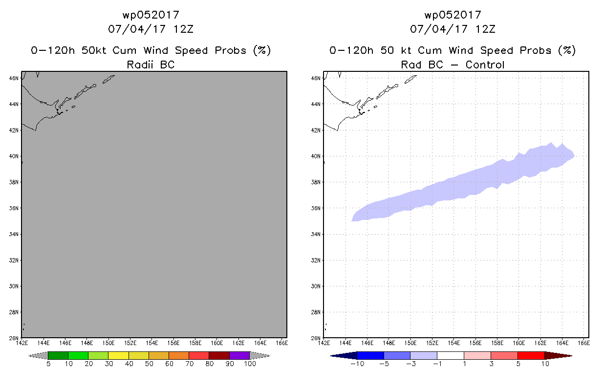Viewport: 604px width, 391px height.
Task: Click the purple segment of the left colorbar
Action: (239, 355)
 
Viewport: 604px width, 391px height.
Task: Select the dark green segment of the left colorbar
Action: (58, 355)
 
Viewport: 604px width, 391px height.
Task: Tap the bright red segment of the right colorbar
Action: (531, 355)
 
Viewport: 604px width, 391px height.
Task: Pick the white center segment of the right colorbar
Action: (451, 355)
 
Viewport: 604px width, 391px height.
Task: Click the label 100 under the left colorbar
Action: (250, 364)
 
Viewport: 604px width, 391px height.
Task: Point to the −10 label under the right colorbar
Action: (357, 364)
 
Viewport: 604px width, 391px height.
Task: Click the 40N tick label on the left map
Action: (14, 156)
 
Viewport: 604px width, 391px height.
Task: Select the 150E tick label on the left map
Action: (108, 343)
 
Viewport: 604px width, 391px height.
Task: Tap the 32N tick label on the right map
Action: (316, 260)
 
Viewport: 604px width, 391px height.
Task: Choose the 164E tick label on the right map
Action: (562, 343)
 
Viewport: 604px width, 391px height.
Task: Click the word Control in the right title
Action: (485, 65)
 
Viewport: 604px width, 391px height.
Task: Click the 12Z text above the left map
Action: (183, 29)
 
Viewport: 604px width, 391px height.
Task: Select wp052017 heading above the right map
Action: (453, 15)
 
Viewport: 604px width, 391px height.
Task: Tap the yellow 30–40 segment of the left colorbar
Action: (118, 355)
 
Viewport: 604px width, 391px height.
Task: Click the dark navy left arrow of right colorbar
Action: (344, 355)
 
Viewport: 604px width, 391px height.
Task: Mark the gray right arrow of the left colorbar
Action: (260, 355)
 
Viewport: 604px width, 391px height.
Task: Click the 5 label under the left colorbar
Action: (48, 364)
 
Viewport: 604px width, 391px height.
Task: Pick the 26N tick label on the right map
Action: (316, 338)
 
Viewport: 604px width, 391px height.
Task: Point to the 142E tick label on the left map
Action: (22, 343)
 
